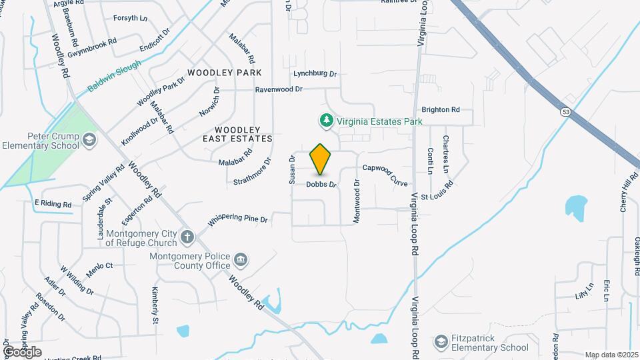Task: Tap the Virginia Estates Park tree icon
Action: (326, 121)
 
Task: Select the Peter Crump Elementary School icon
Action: (89, 139)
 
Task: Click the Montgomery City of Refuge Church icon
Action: (188, 235)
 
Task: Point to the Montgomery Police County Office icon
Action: (241, 259)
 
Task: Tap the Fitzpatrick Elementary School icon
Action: (440, 342)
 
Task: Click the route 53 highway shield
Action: (565, 112)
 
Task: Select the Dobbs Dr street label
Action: (321, 184)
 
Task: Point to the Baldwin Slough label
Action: (114, 77)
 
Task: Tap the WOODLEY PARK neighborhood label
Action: (225, 72)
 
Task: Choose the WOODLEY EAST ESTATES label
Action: (238, 134)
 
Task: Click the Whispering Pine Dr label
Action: (238, 219)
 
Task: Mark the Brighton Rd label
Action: (441, 109)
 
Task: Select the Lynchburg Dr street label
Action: (315, 73)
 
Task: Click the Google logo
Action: (21, 351)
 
